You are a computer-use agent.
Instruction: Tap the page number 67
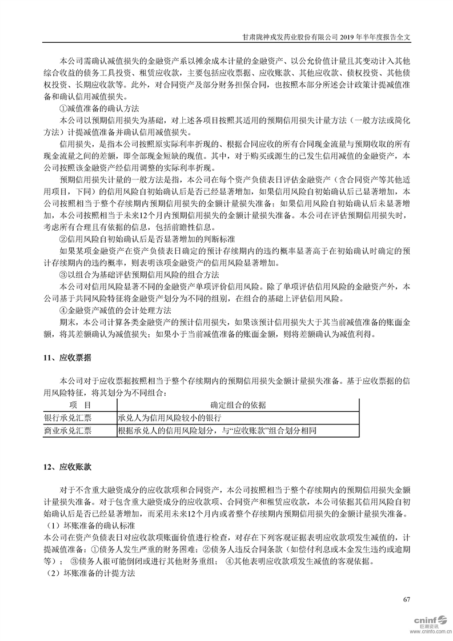[407, 599]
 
